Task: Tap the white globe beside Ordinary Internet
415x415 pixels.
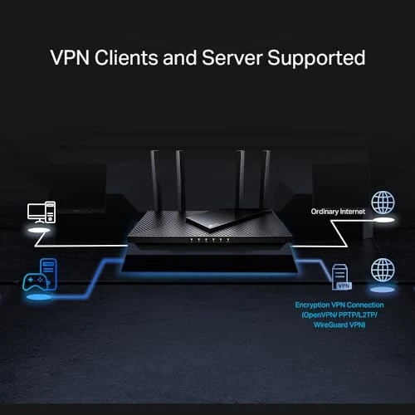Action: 383,203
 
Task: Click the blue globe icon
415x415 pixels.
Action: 383,271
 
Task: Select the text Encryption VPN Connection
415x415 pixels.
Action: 339,305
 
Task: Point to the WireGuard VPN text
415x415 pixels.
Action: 339,325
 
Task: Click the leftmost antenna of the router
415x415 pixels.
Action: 155,178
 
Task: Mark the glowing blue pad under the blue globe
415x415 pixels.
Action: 383,290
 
